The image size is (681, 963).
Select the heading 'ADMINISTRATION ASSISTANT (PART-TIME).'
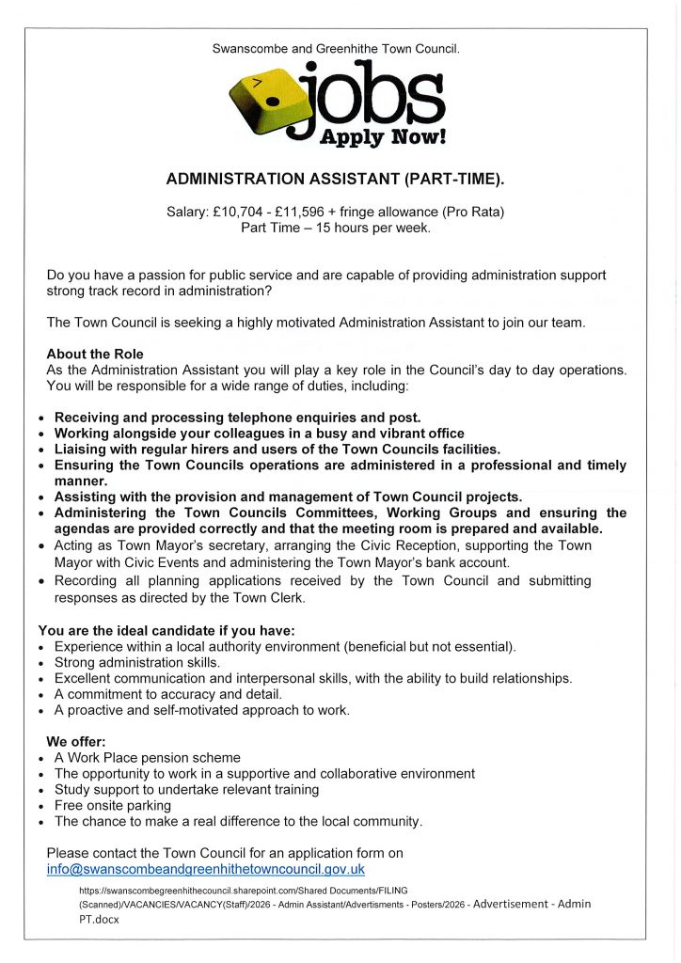point(336,178)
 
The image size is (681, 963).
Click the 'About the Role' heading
point(95,355)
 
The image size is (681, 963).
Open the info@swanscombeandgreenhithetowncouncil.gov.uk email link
point(205,870)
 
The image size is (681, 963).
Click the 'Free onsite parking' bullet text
point(113,805)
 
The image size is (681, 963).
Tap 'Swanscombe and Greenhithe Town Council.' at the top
point(336,46)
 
